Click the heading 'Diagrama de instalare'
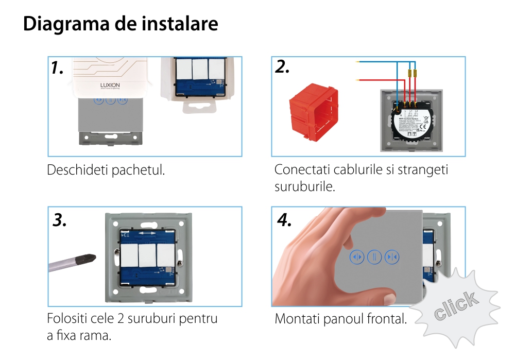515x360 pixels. pos(121,24)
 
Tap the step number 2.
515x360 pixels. pos(282,67)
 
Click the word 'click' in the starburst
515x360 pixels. pos(455,306)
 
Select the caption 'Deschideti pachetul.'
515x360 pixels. pos(106,170)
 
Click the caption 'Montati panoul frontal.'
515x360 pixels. pos(340,319)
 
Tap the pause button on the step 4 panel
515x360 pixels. pos(374,256)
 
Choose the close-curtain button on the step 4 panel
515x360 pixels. pos(392,256)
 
